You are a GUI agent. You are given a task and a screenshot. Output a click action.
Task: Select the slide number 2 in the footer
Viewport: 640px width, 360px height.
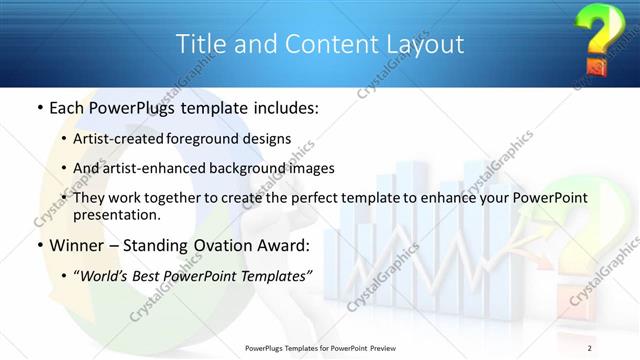[x=590, y=347]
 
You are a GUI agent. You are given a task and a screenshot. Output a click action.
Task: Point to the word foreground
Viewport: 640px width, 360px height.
[x=208, y=139]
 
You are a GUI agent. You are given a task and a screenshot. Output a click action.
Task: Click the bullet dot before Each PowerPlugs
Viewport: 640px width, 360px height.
[x=38, y=108]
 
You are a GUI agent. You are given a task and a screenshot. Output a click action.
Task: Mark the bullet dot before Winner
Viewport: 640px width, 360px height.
[x=38, y=245]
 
